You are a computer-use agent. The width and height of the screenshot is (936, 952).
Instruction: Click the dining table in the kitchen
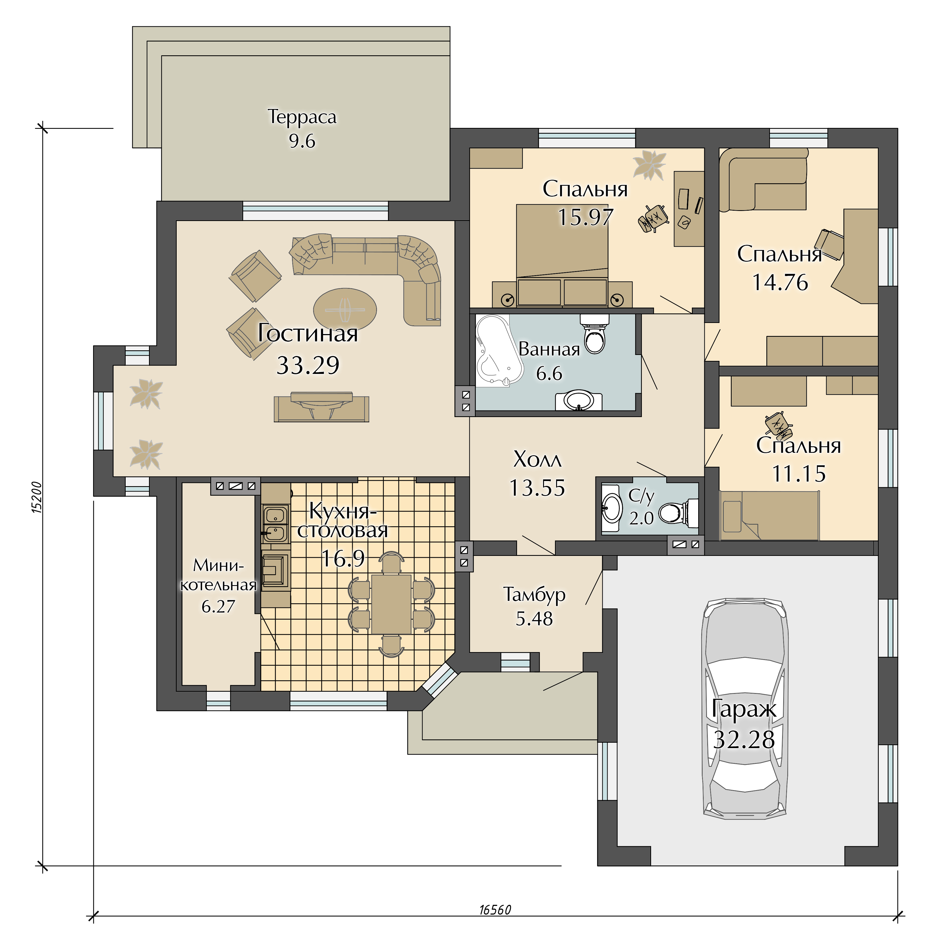coord(391,604)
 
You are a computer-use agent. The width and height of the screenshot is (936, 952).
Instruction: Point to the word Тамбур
coord(534,595)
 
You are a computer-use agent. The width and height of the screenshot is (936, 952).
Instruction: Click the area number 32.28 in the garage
coord(744,740)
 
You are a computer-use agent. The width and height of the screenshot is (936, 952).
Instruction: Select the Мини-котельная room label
coord(218,575)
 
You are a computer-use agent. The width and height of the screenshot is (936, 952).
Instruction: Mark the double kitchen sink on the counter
coord(275,524)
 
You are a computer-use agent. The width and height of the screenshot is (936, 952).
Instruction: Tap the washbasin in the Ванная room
coord(579,400)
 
